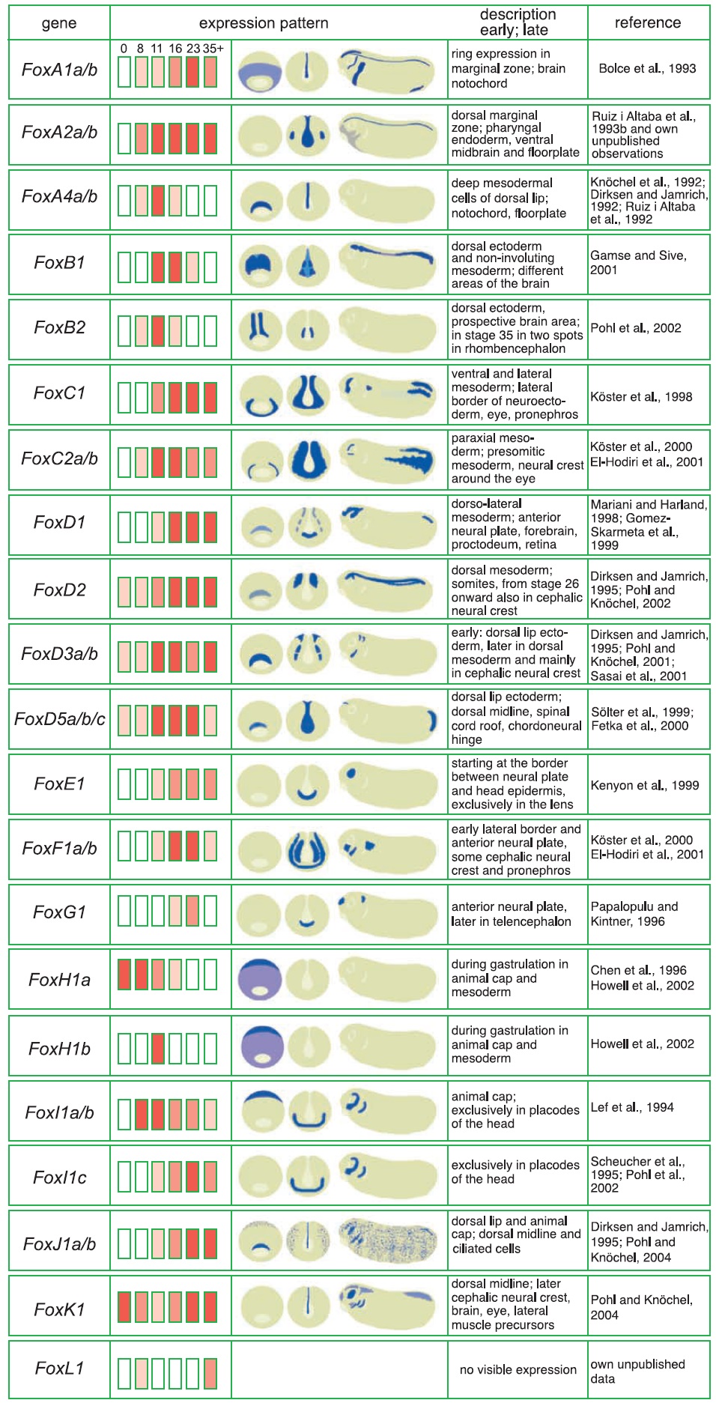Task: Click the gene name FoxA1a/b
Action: [x=59, y=70]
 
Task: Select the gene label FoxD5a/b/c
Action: [x=59, y=719]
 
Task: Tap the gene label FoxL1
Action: [x=59, y=1369]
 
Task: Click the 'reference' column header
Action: [x=648, y=22]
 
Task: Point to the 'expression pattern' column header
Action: [x=264, y=23]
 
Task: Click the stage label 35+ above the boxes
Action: [x=213, y=49]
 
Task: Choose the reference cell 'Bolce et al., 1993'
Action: [x=647, y=68]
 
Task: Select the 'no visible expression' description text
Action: [x=518, y=1369]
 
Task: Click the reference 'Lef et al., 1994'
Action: [x=632, y=1107]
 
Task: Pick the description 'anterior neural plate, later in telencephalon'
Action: [x=511, y=914]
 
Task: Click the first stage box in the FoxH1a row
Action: [x=124, y=975]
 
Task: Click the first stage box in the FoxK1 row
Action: [x=124, y=1307]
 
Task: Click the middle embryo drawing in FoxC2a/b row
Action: [x=308, y=459]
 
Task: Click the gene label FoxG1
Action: [x=59, y=912]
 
